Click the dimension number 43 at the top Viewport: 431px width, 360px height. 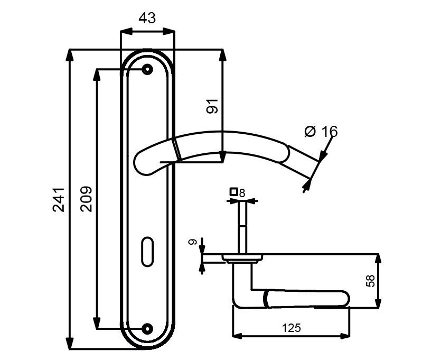[147, 19]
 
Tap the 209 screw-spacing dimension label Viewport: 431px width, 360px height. [86, 199]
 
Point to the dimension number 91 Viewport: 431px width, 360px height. [212, 106]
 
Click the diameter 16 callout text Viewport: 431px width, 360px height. [321, 131]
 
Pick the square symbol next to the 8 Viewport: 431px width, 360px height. [232, 192]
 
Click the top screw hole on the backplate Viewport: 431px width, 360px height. [147, 69]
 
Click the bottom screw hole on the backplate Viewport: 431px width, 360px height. [147, 328]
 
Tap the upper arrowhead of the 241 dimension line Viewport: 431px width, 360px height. [69, 54]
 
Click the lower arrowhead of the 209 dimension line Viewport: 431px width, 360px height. [97, 323]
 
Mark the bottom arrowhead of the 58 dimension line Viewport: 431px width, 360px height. [378, 302]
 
